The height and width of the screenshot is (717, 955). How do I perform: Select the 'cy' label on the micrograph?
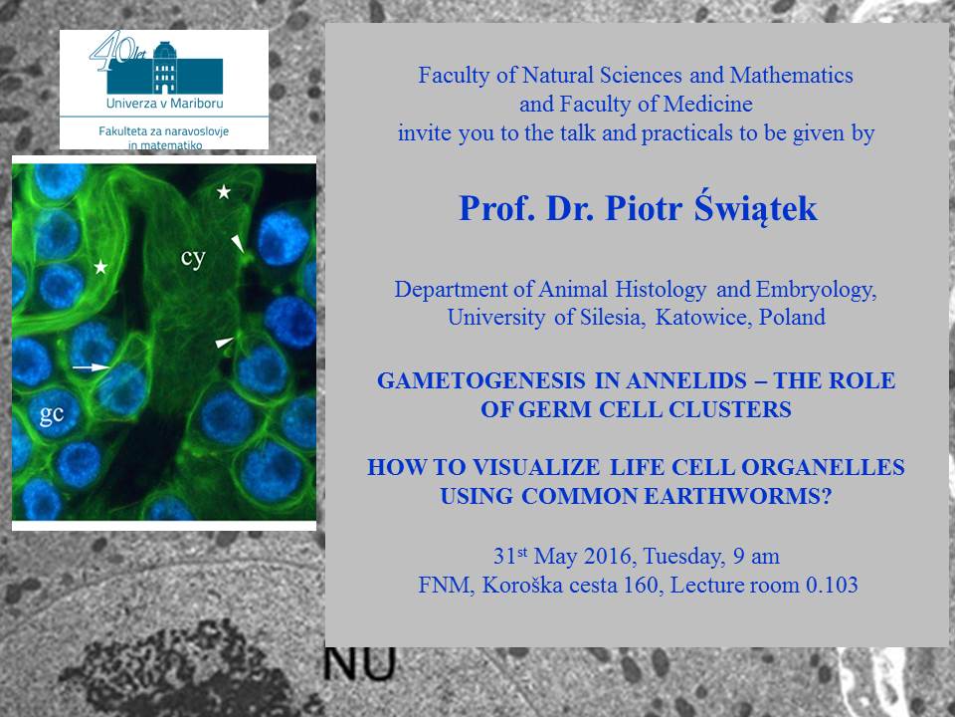tap(193, 258)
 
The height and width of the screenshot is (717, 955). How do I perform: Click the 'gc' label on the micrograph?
tap(52, 414)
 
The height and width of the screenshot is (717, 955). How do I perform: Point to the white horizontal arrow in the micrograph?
tap(91, 367)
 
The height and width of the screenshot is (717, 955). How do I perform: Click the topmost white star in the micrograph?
tap(224, 192)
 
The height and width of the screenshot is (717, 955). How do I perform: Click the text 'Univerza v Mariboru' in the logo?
tap(164, 103)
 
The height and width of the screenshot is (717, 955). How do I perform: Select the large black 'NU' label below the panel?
tap(359, 664)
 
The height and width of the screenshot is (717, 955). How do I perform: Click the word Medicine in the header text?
tap(707, 105)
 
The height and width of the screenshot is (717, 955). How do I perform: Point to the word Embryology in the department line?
tap(816, 290)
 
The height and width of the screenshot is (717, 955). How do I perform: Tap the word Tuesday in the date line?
tap(684, 557)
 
